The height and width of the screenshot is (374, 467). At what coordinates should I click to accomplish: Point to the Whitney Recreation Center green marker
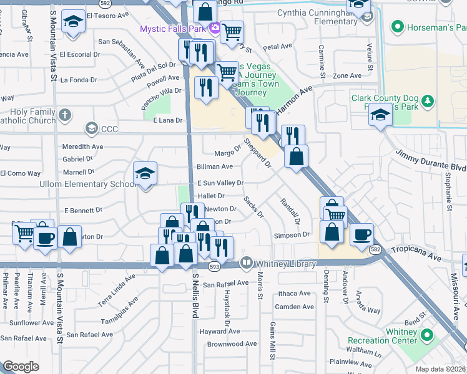pyautogui.click(x=428, y=335)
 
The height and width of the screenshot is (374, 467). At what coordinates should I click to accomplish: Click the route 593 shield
pyautogui.click(x=214, y=266)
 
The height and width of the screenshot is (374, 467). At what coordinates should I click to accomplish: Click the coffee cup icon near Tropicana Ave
pyautogui.click(x=361, y=234)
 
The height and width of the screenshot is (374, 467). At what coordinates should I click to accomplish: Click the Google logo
pyautogui.click(x=21, y=366)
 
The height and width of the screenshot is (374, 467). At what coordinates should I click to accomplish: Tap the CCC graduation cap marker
pyautogui.click(x=91, y=129)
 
